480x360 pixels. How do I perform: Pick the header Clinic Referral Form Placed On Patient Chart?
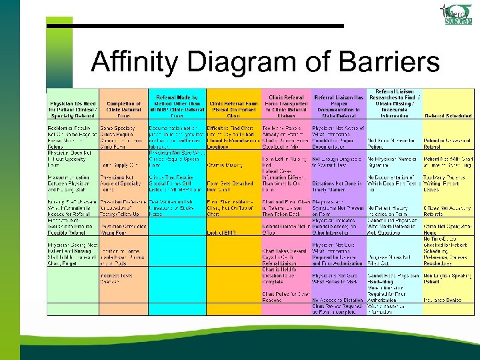(233, 107)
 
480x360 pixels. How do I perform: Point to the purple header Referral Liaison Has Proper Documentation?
(339, 103)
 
